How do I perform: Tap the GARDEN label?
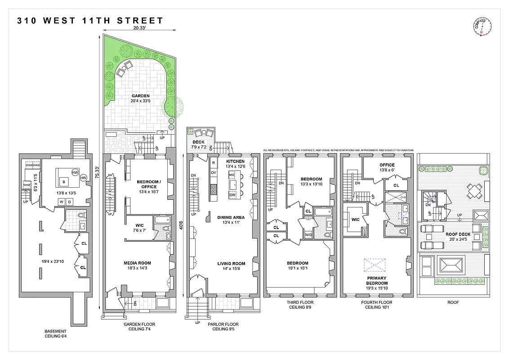(x=140, y=96)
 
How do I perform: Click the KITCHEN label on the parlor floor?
(x=235, y=161)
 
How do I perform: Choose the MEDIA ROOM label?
(x=137, y=263)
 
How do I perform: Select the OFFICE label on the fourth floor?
(x=387, y=165)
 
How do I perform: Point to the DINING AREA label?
(x=231, y=217)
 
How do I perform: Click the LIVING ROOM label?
(x=231, y=264)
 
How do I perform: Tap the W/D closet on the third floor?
(x=308, y=235)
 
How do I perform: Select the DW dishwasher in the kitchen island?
(x=233, y=195)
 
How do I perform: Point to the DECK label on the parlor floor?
(x=198, y=142)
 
